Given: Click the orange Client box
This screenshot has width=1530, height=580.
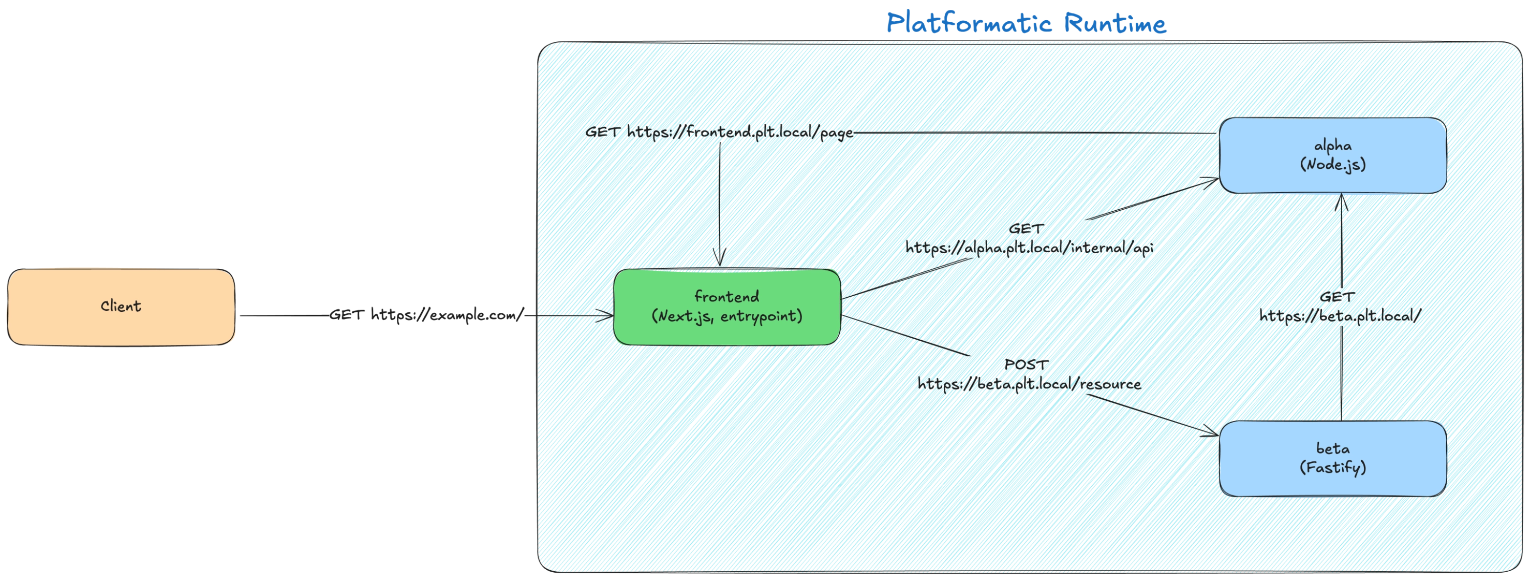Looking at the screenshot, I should click(x=121, y=307).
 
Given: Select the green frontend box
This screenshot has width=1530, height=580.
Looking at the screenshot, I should click(x=726, y=307).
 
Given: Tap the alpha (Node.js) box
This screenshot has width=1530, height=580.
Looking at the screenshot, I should click(x=1333, y=155).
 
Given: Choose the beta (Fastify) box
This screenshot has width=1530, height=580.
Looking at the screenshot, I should click(x=1333, y=458).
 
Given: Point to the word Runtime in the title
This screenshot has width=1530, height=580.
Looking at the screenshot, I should click(x=1115, y=24).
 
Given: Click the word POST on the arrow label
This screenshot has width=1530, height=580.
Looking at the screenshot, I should click(x=1026, y=364).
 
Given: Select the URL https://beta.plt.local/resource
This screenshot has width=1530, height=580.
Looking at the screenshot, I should click(x=1029, y=384).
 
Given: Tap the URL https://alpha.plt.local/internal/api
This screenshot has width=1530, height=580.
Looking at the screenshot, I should click(x=1029, y=248).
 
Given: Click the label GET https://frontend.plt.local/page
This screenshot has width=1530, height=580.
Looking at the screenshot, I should click(x=719, y=132).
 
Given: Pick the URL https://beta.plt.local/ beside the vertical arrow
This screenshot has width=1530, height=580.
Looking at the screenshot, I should click(x=1340, y=316).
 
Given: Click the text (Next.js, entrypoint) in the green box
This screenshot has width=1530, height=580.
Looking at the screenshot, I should click(x=726, y=316).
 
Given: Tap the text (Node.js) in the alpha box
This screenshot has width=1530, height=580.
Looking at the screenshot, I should click(x=1333, y=165).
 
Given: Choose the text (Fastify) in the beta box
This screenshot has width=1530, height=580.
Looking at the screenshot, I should click(x=1333, y=468).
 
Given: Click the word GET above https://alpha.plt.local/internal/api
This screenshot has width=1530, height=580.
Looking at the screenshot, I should click(x=1026, y=228).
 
